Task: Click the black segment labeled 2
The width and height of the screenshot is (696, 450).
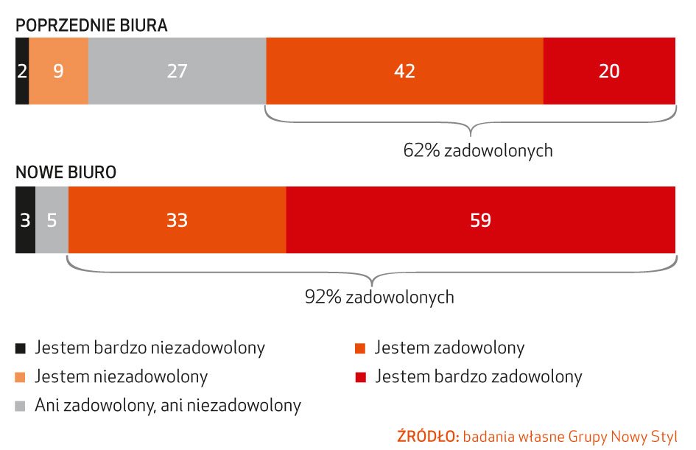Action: coord(22,71)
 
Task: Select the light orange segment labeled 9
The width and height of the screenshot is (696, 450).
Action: coord(59,71)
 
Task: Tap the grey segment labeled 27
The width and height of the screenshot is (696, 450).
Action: coord(177,71)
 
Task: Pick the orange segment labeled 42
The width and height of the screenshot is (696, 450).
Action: coord(404,71)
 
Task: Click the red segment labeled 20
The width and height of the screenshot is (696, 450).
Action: coord(609,71)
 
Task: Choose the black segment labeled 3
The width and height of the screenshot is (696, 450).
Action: coord(25,220)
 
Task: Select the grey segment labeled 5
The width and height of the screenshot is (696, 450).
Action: coord(52,220)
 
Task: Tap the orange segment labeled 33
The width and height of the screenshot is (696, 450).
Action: coord(177,220)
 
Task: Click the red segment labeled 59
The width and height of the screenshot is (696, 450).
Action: coord(480,220)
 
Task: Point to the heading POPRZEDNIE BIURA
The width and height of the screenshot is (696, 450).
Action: coord(92,25)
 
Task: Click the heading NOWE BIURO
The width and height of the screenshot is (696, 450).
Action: coord(66,174)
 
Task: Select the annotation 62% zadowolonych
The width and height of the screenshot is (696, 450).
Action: coord(477,151)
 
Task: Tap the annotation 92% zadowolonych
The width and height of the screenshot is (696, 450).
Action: coord(379,298)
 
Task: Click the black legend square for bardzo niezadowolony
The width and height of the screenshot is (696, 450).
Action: coord(21,348)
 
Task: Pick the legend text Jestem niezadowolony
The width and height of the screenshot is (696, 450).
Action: coord(121,376)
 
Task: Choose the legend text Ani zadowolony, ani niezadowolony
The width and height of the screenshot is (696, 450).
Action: coord(168,405)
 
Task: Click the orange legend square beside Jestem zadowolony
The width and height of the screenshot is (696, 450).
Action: coord(360,348)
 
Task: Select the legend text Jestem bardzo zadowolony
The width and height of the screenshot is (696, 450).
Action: coord(478,376)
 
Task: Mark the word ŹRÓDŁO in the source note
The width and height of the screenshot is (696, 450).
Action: coord(428,435)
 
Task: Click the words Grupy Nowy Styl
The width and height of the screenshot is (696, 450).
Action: coord(630,435)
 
